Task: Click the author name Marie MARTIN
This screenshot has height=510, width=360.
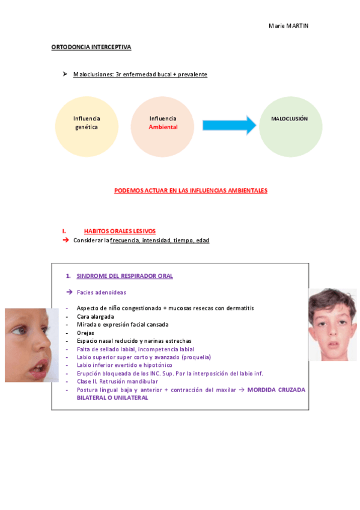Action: click(288, 26)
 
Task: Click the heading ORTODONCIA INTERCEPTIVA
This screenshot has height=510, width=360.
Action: click(91, 47)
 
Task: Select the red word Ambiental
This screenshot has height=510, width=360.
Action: click(163, 127)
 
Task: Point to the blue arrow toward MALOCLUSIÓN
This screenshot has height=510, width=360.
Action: click(229, 125)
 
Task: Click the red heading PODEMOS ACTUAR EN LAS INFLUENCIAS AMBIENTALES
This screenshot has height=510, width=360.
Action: click(191, 191)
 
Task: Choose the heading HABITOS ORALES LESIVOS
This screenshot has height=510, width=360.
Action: click(120, 231)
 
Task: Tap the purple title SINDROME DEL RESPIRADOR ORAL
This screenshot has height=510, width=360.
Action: click(124, 276)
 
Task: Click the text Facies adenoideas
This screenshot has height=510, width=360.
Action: click(101, 292)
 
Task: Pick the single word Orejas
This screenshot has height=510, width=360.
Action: click(85, 333)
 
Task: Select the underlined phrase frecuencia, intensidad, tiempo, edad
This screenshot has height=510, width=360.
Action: click(159, 241)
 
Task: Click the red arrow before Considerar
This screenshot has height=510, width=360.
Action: click(66, 240)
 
